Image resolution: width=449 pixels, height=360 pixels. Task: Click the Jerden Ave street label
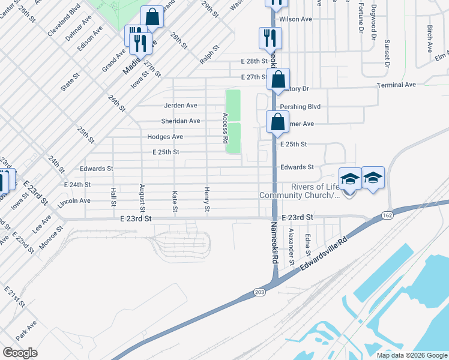point(180,105)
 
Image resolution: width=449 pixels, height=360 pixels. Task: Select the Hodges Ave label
point(165,137)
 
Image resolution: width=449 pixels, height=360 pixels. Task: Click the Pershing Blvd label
point(304,106)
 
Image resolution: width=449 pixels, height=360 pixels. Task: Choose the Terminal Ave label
point(396,85)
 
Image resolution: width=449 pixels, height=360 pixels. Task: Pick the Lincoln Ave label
point(74,201)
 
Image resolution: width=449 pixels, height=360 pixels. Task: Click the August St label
point(142,198)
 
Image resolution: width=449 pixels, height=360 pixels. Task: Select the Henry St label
point(206,199)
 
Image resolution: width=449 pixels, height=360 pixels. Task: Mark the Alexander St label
point(291,246)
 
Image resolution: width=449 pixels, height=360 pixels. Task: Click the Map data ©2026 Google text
point(411,355)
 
